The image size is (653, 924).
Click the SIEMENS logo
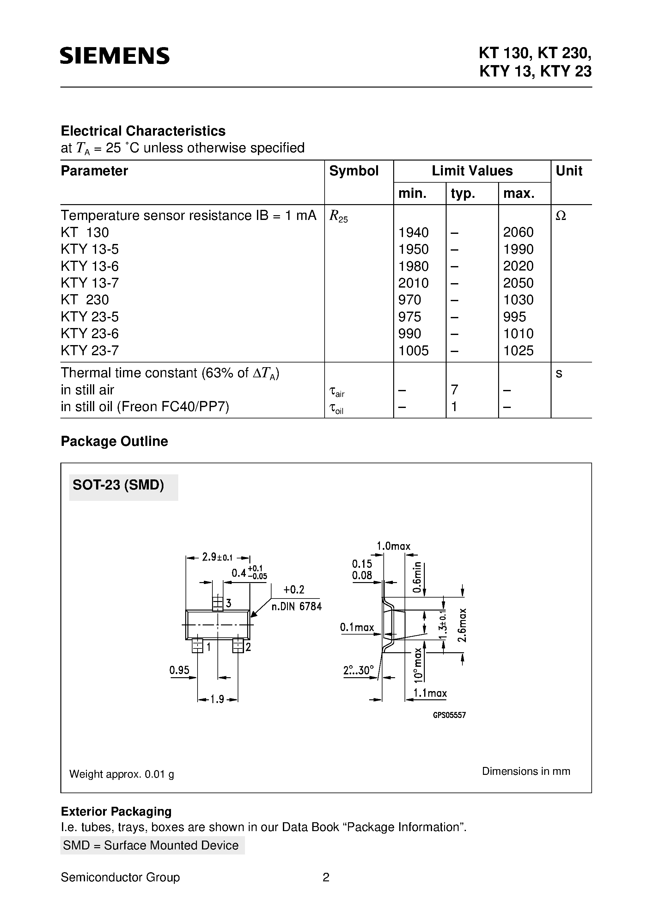(115, 56)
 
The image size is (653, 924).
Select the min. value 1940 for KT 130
(413, 232)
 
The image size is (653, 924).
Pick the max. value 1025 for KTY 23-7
(518, 350)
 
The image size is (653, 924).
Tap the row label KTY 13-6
(90, 266)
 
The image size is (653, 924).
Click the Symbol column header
(354, 171)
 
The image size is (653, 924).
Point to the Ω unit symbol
(561, 216)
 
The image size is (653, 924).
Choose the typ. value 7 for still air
(455, 390)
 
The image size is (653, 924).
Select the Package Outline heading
(114, 441)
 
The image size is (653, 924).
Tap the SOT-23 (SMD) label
(118, 485)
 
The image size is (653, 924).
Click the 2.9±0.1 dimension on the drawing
(217, 557)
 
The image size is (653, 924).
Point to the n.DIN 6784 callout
(297, 606)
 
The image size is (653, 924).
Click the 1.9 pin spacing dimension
(217, 699)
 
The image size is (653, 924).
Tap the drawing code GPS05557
(449, 715)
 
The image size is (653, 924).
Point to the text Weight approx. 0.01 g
(122, 774)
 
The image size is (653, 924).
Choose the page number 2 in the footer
(326, 877)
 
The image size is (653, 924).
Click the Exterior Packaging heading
(116, 811)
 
